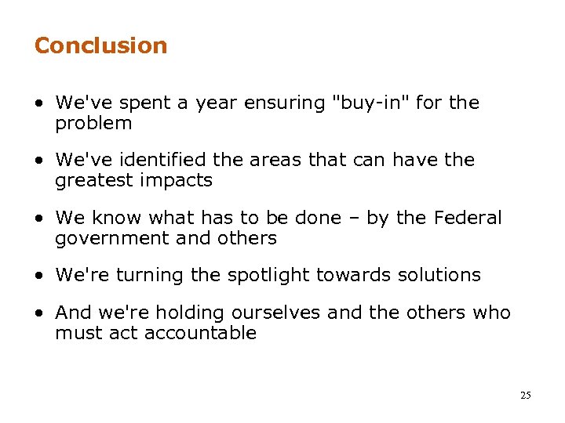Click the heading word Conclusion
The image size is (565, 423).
(100, 45)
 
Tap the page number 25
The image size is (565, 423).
(525, 396)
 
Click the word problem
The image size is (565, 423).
(93, 124)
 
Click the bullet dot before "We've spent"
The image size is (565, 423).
(39, 103)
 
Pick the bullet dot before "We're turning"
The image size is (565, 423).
(39, 276)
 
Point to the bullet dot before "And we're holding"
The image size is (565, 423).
(39, 313)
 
